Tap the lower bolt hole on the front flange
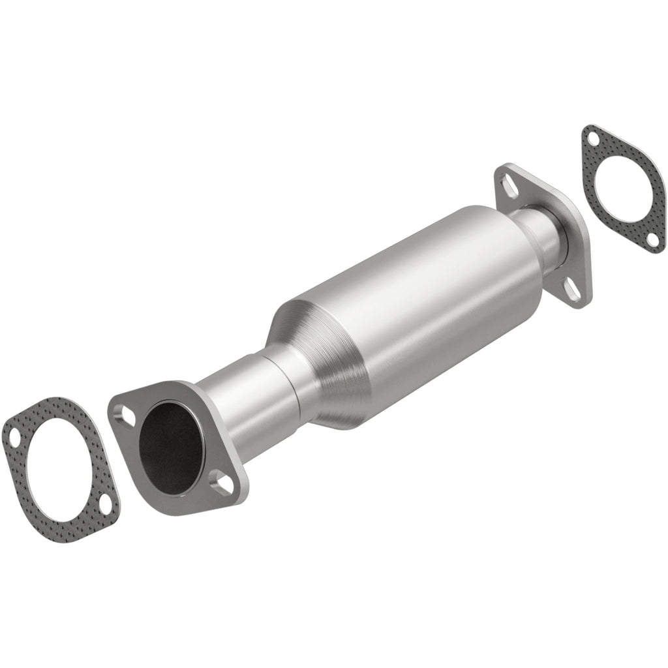coord(223,485)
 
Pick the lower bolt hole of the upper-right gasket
coord(652,241)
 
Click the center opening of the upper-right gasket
coord(623,190)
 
